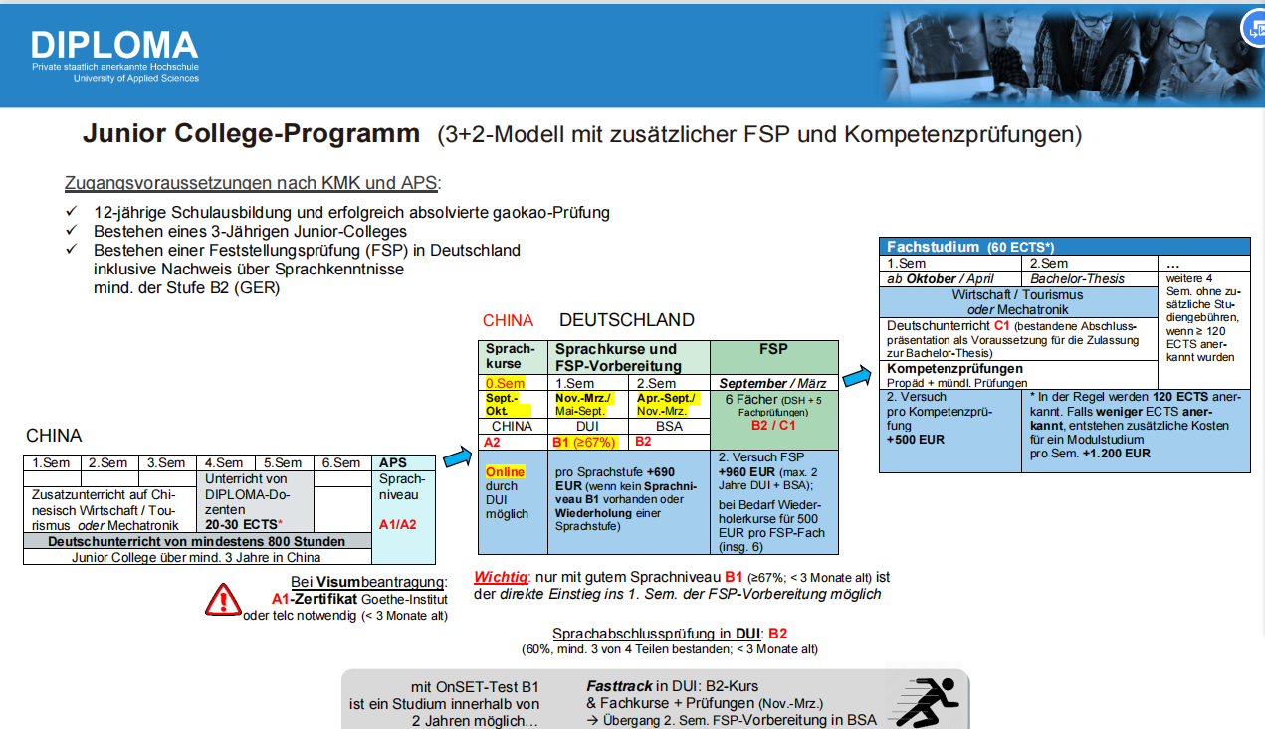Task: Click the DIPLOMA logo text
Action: click(x=114, y=45)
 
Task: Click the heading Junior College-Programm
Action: click(x=251, y=134)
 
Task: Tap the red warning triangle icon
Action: click(x=223, y=599)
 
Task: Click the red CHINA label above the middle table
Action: click(x=508, y=320)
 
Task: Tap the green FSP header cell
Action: click(x=773, y=349)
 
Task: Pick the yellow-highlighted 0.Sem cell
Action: click(x=505, y=383)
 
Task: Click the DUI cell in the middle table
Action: click(x=587, y=426)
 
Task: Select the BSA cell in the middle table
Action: click(x=669, y=426)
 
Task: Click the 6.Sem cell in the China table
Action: click(x=341, y=462)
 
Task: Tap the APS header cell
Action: click(x=394, y=462)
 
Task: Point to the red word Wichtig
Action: click(x=499, y=577)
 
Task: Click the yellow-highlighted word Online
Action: click(x=505, y=471)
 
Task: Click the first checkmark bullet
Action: click(x=71, y=213)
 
